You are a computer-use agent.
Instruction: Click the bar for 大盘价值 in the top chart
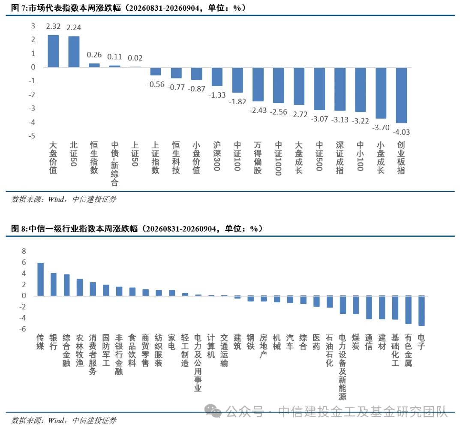tap(54, 51)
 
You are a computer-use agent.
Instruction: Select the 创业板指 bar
tap(401, 95)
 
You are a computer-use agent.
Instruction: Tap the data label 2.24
tap(74, 27)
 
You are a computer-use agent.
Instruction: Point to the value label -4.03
tap(401, 132)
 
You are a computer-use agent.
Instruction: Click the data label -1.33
tap(217, 95)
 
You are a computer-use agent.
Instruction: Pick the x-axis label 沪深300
tap(217, 156)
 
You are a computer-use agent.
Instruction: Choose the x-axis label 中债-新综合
tap(114, 164)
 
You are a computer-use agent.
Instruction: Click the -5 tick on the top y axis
tap(32, 136)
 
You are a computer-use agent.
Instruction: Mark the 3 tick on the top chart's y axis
tap(33, 26)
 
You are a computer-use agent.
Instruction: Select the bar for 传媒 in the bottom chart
tap(40, 280)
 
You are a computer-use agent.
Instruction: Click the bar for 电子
tap(421, 311)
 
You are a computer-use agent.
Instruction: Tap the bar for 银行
tap(54, 284)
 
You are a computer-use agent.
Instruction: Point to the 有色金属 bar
tap(409, 310)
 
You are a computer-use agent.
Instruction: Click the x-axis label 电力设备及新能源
tap(343, 367)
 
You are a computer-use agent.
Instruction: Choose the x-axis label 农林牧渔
tap(80, 351)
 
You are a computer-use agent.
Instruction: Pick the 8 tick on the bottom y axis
tap(24, 251)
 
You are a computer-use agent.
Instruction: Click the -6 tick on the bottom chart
tap(22, 329)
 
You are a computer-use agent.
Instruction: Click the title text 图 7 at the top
tap(18, 8)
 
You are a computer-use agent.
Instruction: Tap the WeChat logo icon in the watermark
tap(213, 412)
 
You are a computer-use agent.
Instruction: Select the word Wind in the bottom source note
tap(56, 420)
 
